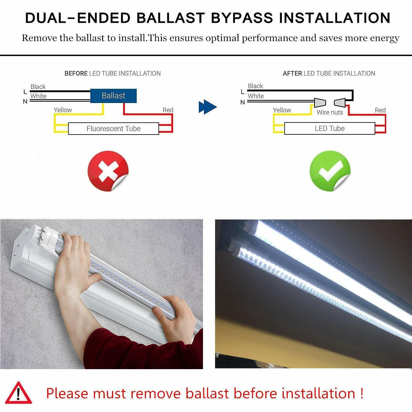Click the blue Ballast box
click(113, 96)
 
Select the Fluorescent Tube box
click(113, 129)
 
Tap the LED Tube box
click(330, 129)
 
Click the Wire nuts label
click(330, 112)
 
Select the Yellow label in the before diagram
click(63, 110)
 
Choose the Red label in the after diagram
click(380, 110)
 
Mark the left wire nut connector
click(320, 103)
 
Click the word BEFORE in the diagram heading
click(76, 73)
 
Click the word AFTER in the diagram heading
click(293, 73)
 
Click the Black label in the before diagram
click(38, 87)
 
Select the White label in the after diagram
click(256, 96)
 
